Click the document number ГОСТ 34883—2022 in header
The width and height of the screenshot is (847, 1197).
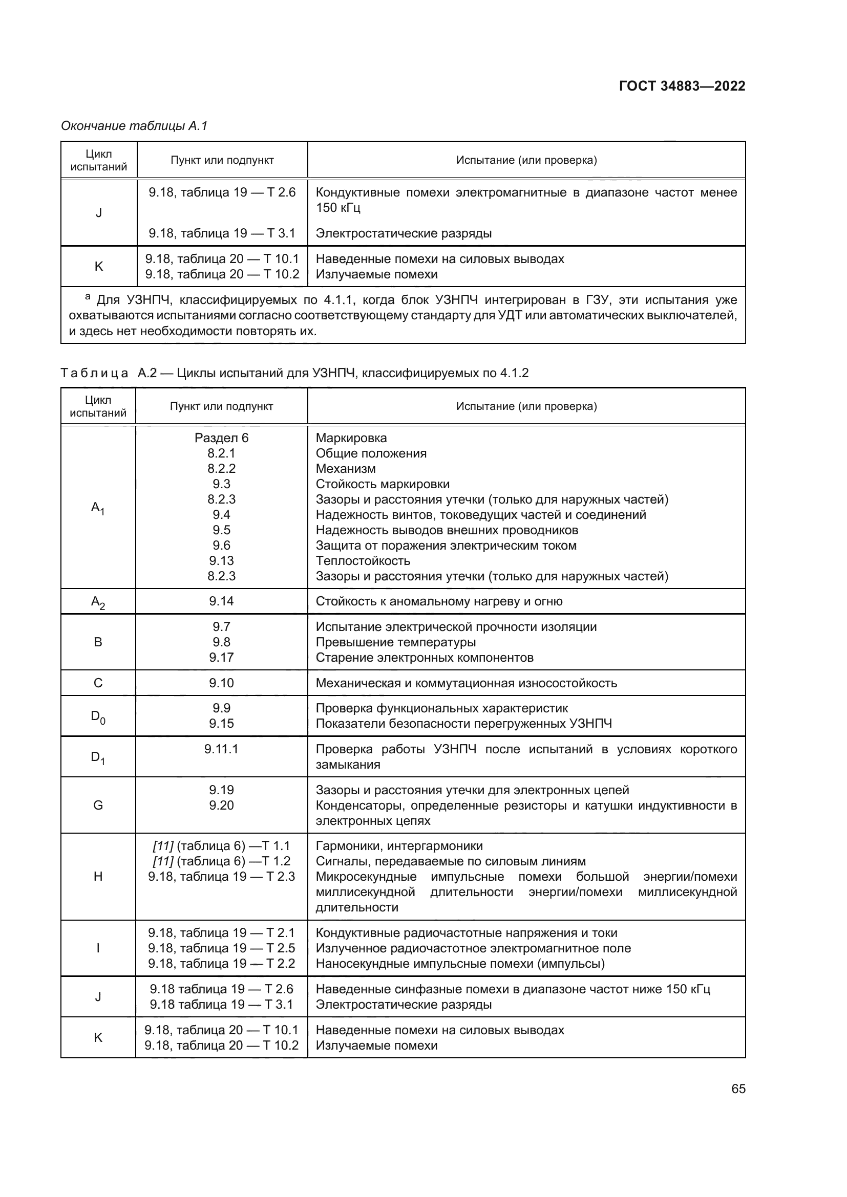point(682,86)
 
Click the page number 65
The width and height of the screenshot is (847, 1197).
point(738,1089)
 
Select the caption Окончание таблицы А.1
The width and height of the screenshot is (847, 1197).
point(134,126)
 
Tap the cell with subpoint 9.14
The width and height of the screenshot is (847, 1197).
point(221,601)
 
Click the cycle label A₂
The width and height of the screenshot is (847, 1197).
point(98,602)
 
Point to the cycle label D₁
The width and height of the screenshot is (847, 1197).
point(98,757)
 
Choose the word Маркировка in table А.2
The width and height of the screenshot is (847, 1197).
point(351,438)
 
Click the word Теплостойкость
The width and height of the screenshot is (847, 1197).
point(363,561)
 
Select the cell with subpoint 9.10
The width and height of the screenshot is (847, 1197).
point(221,683)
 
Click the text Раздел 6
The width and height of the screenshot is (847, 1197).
point(221,438)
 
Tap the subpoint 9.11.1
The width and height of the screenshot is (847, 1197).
point(221,749)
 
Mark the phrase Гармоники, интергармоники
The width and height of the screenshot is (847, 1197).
point(399,845)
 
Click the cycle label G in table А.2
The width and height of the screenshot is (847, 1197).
point(98,806)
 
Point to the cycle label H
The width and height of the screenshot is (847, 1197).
point(98,876)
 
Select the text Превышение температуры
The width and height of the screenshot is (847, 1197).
point(395,642)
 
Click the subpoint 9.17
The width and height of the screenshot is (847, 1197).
point(221,658)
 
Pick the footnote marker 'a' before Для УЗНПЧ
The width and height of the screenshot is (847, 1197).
point(88,297)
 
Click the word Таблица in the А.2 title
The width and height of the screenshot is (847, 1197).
point(94,373)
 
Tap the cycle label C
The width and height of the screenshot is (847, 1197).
point(98,683)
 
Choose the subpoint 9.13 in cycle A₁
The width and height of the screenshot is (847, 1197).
point(221,561)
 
